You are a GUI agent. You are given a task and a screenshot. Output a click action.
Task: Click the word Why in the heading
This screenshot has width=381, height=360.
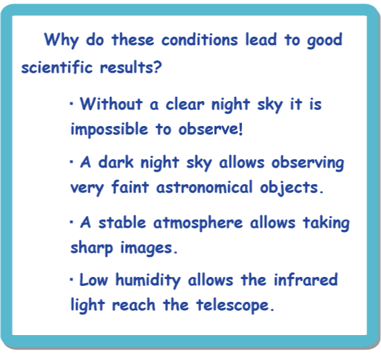(62, 40)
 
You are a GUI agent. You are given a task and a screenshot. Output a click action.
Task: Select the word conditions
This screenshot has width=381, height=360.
(200, 39)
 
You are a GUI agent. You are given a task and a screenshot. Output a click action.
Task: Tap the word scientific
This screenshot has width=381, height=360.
(57, 66)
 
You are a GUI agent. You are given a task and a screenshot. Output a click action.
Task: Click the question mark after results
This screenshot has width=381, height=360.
(158, 66)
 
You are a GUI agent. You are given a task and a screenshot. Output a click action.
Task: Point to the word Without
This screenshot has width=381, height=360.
(111, 104)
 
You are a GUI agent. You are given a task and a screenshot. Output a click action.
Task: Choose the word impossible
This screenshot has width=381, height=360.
(109, 129)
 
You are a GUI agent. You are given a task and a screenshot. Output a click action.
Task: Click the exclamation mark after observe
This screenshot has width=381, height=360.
(241, 129)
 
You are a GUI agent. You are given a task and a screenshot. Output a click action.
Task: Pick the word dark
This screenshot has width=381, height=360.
(116, 162)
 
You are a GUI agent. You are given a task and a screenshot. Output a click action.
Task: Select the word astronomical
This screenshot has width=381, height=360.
(205, 188)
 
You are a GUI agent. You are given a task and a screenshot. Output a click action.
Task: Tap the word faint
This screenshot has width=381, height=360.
(130, 187)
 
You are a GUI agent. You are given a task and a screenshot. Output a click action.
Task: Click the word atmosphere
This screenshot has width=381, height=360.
(198, 223)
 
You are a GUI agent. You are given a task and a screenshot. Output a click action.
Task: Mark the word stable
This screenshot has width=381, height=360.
(122, 222)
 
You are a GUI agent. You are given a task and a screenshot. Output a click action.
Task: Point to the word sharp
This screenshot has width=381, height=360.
(92, 248)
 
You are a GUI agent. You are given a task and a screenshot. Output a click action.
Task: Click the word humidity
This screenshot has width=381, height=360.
(148, 280)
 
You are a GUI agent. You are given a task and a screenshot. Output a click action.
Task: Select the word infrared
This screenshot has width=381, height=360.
(306, 280)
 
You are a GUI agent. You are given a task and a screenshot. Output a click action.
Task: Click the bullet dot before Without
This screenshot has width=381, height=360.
(71, 104)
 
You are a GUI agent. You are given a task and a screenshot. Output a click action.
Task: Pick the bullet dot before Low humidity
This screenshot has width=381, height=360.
(71, 280)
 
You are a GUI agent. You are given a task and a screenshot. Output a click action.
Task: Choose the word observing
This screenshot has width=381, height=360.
(308, 163)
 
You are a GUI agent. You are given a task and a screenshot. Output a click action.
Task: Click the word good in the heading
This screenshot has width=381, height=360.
(324, 40)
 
